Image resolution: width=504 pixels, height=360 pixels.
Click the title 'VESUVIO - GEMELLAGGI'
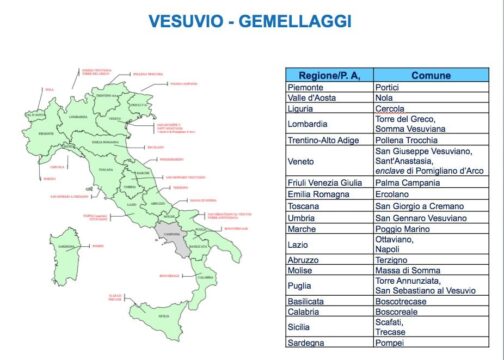pos(251,20)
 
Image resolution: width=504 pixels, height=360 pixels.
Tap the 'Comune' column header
pos(430,75)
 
